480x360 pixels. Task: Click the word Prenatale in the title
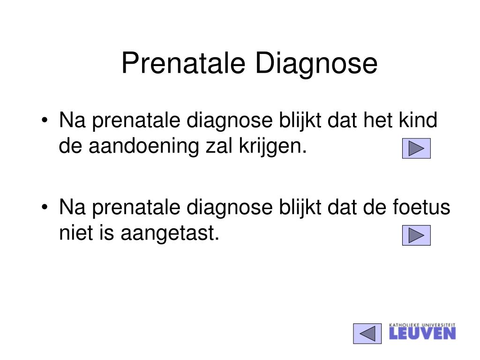[x=183, y=63]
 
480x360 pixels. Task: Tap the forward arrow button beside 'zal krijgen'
[x=416, y=149]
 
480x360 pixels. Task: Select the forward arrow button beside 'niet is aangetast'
[x=416, y=235]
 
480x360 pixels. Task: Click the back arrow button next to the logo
[x=367, y=333]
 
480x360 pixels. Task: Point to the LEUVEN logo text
[x=422, y=333]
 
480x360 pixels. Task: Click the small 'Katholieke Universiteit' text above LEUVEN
[x=422, y=325]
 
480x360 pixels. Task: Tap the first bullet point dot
[x=45, y=120]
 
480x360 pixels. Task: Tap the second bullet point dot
[x=45, y=207]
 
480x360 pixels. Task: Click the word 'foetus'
[x=421, y=207]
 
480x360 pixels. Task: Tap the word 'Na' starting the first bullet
[x=72, y=120]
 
